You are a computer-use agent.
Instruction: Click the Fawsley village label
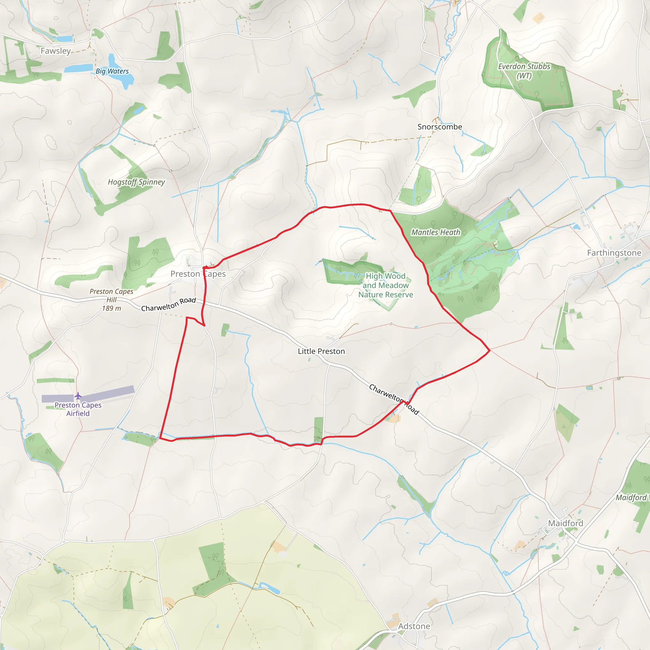pyautogui.click(x=56, y=51)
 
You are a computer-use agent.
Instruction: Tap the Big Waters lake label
pyautogui.click(x=112, y=71)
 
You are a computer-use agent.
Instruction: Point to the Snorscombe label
pyautogui.click(x=440, y=127)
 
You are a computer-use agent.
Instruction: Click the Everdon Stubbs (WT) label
pyautogui.click(x=524, y=71)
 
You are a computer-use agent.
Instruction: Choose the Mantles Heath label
pyautogui.click(x=436, y=232)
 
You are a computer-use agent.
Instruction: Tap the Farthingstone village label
pyautogui.click(x=614, y=253)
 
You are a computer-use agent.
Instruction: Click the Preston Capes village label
pyautogui.click(x=198, y=274)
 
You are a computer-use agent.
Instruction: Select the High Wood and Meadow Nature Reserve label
pyautogui.click(x=386, y=285)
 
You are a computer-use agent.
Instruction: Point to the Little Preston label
pyautogui.click(x=321, y=351)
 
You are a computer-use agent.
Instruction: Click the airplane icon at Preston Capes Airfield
pyautogui.click(x=78, y=396)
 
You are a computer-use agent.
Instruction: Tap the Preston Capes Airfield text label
pyautogui.click(x=78, y=409)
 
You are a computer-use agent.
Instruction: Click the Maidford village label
pyautogui.click(x=566, y=523)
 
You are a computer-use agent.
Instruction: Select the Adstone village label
pyautogui.click(x=414, y=626)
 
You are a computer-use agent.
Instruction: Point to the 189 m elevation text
pyautogui.click(x=111, y=308)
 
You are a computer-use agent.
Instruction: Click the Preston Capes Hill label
pyautogui.click(x=111, y=295)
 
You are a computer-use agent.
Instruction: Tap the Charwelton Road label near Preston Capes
pyautogui.click(x=169, y=304)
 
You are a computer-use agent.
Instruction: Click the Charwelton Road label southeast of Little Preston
pyautogui.click(x=394, y=399)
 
